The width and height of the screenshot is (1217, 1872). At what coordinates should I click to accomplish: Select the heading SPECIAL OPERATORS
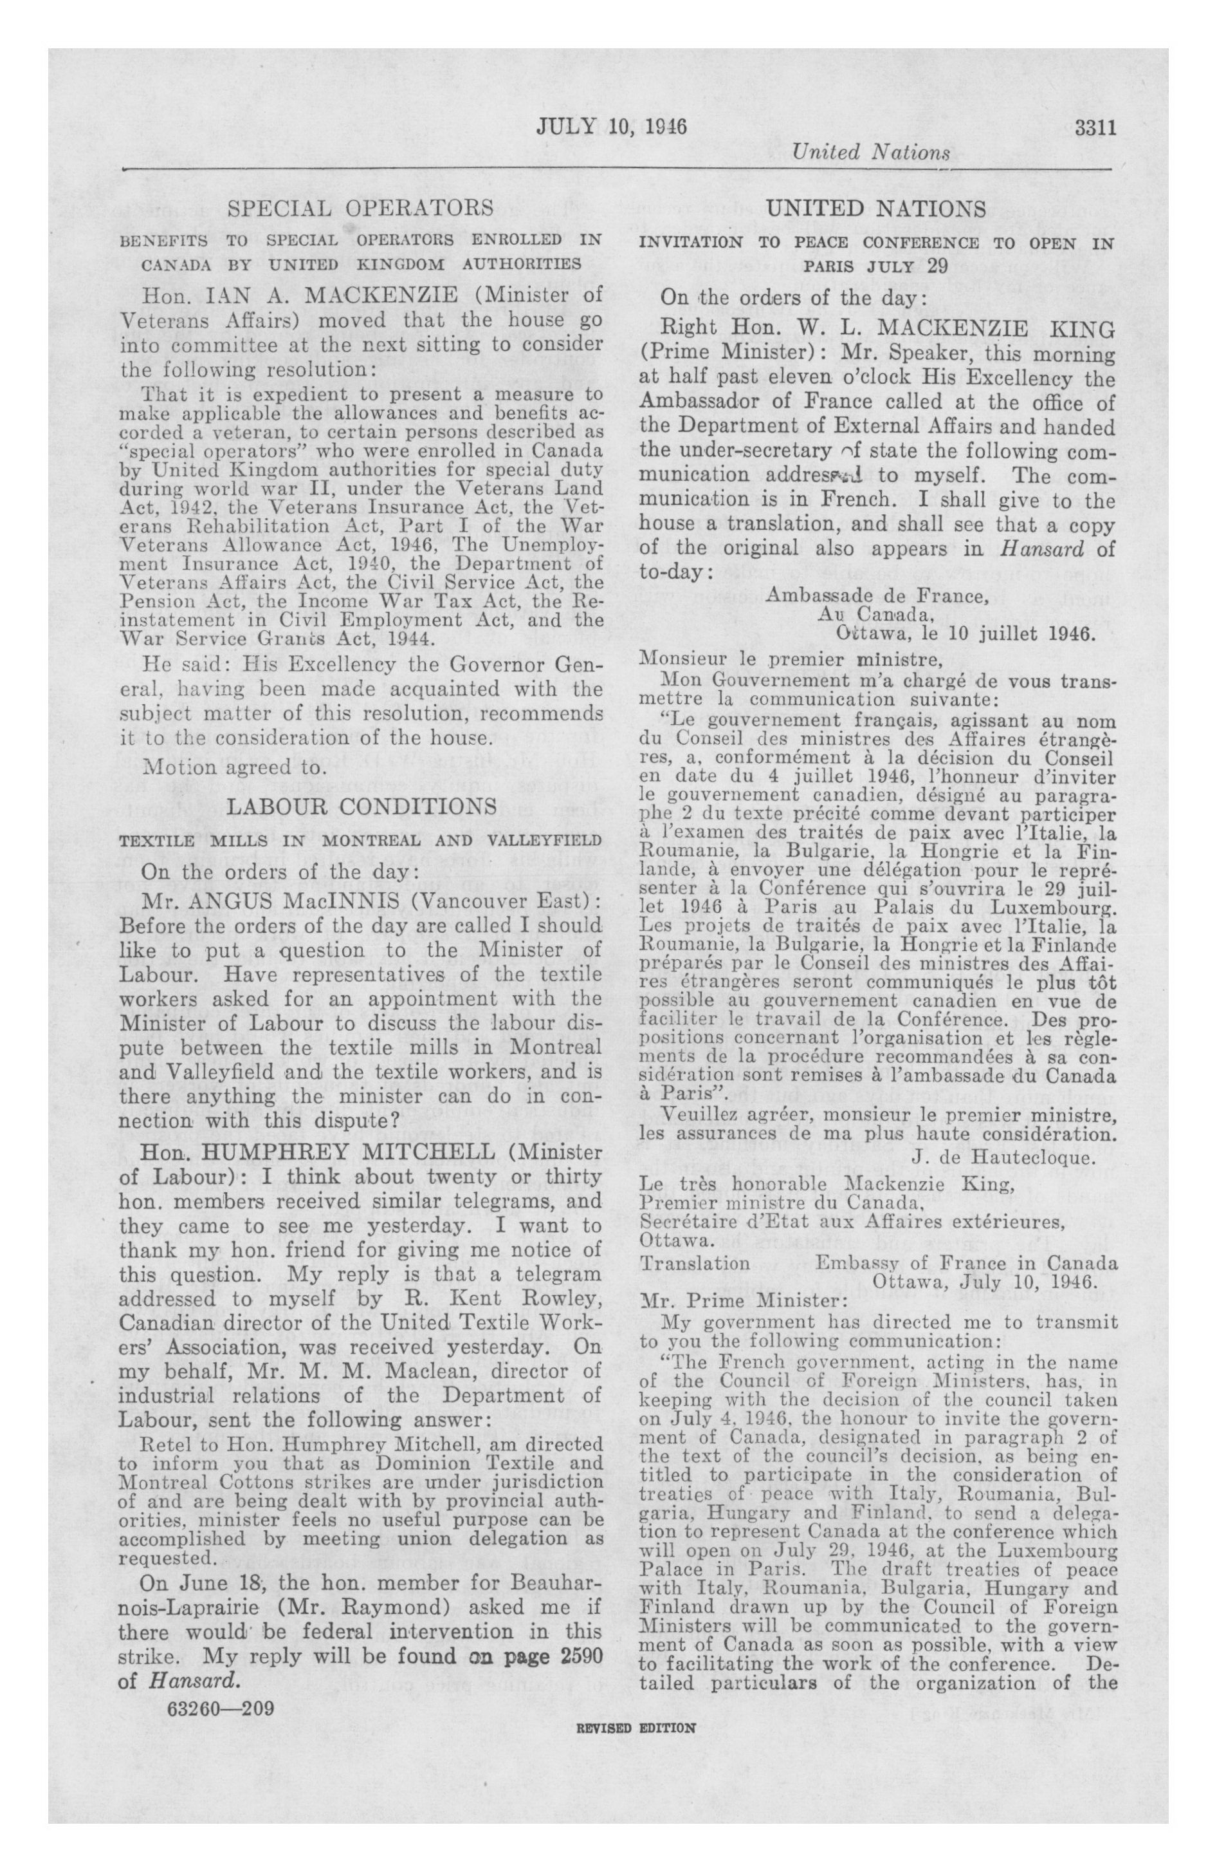tap(360, 208)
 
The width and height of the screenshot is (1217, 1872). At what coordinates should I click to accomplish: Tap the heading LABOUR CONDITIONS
tap(361, 806)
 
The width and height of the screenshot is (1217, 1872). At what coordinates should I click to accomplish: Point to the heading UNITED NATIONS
tap(876, 209)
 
